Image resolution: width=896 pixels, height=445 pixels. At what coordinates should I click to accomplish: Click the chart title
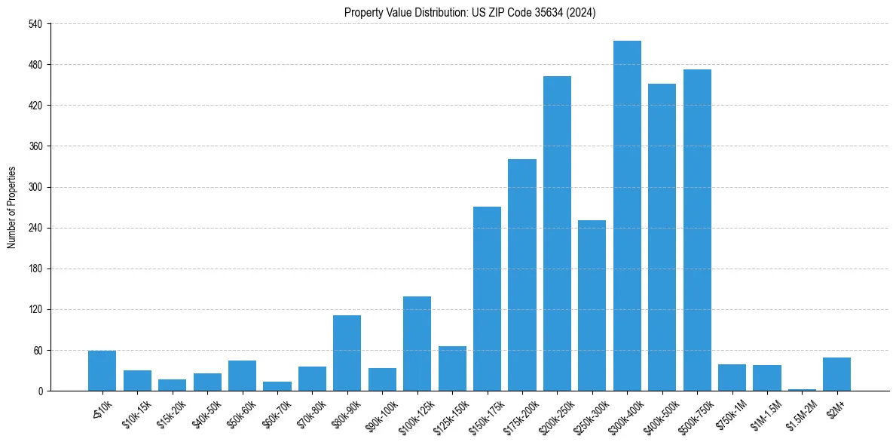point(470,12)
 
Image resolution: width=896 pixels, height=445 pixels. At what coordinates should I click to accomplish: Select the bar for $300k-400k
point(627,216)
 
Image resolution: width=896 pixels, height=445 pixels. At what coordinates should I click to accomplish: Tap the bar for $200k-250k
point(557,234)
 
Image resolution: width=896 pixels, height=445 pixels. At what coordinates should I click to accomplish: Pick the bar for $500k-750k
point(697,230)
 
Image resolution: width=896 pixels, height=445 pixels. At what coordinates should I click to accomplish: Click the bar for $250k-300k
point(592,305)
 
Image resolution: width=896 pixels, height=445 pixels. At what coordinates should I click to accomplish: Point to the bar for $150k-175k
point(487,299)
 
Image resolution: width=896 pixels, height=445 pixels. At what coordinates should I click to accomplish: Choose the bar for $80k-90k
point(347,353)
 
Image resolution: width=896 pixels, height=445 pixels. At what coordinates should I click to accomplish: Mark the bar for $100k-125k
point(417,343)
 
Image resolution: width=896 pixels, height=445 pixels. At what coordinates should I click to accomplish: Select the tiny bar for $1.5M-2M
point(802,389)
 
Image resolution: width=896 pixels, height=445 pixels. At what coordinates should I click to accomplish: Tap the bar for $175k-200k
point(522,275)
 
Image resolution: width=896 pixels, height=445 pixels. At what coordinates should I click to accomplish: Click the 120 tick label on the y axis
point(37,310)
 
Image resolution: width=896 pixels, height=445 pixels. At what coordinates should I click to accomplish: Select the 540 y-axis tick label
point(37,24)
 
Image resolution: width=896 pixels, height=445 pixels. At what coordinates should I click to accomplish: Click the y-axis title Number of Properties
point(12,207)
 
